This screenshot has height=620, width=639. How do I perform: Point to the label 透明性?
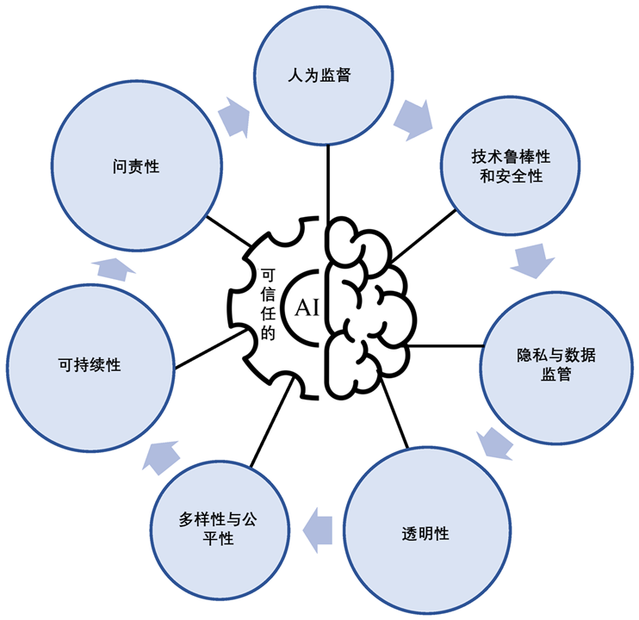tap(425, 532)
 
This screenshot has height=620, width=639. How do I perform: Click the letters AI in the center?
tap(307, 308)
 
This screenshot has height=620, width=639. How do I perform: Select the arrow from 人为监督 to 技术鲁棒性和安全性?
tap(412, 120)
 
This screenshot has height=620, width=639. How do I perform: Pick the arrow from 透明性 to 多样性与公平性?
tap(320, 526)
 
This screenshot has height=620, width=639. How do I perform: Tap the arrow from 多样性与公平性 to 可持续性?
tap(163, 456)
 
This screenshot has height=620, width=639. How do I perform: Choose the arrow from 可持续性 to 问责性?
tap(111, 266)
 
